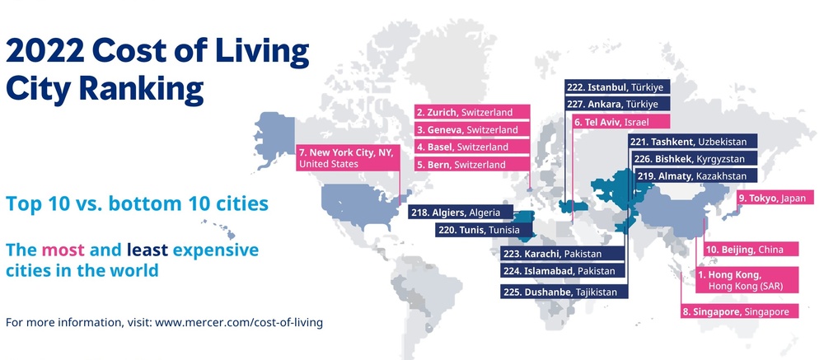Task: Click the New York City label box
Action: (x=347, y=157)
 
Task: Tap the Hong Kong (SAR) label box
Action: (x=742, y=280)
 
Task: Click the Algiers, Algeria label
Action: (x=461, y=212)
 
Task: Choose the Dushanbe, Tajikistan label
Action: (x=564, y=291)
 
